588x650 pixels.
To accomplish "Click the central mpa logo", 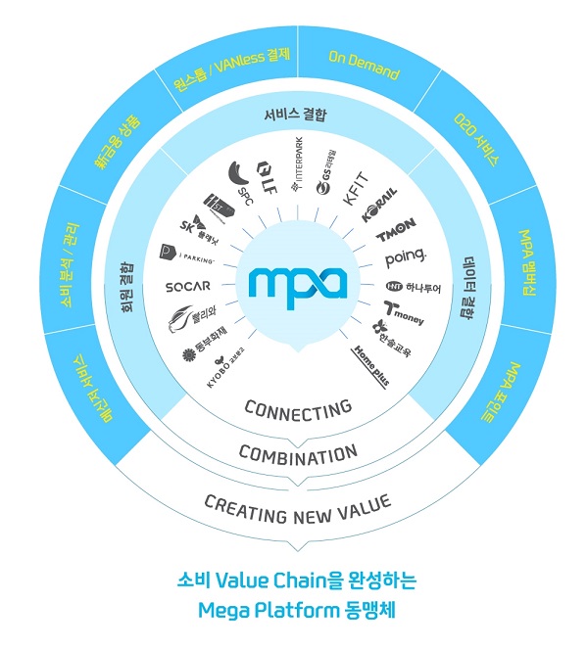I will click(x=298, y=283).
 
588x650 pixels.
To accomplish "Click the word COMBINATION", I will click(x=298, y=454).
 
